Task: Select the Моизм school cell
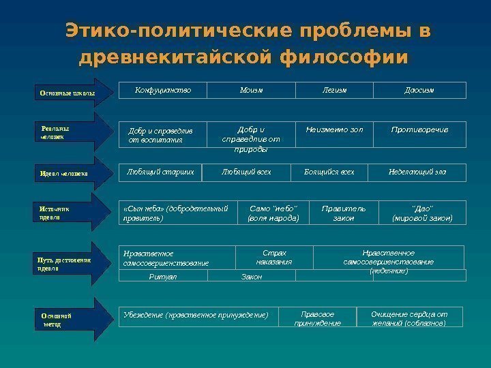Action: [251, 91]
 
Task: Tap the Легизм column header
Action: [334, 91]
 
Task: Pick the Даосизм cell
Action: [419, 91]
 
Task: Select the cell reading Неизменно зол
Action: [334, 130]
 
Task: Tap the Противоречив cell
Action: [419, 130]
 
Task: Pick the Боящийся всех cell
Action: [329, 172]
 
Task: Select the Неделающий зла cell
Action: [416, 172]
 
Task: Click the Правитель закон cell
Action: [343, 213]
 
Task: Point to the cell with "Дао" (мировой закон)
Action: [422, 213]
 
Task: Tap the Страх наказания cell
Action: [274, 257]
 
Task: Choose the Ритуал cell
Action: [163, 276]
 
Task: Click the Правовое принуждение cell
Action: [318, 318]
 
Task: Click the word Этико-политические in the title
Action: [179, 32]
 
